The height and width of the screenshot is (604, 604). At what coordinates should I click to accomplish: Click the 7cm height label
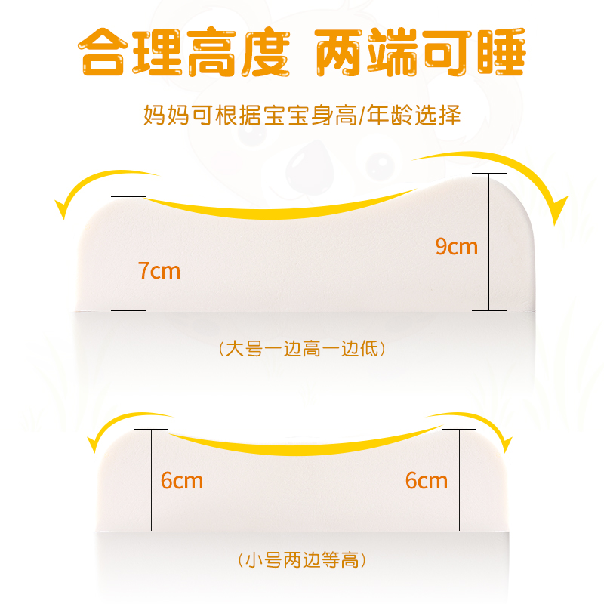click(159, 270)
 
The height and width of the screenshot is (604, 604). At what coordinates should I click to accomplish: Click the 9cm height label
click(457, 246)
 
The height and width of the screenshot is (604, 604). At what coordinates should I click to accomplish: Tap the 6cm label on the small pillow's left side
click(182, 480)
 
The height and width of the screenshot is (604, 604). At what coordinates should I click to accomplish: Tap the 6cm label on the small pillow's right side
click(427, 480)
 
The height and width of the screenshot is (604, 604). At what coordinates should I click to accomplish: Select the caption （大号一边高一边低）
click(302, 349)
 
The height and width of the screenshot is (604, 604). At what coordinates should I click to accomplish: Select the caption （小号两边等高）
click(302, 560)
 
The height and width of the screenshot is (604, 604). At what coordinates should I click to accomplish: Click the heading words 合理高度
click(185, 53)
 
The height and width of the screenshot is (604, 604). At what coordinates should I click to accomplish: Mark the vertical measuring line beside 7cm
click(128, 253)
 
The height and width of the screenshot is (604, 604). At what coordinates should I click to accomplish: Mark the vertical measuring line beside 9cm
click(488, 242)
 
